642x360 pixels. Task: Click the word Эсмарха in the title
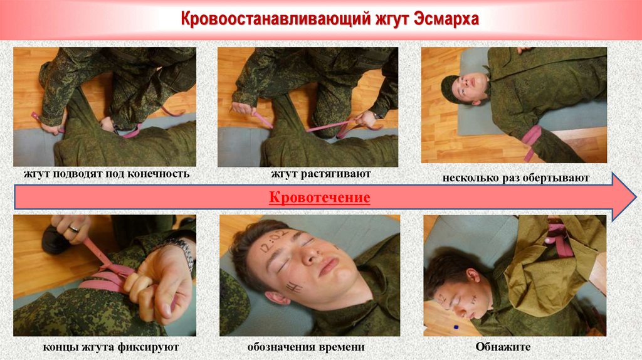coord(446,19)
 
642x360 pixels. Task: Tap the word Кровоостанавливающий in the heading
coord(275,19)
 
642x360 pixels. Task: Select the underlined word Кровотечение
coord(319,198)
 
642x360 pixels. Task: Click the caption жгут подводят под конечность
coord(107,174)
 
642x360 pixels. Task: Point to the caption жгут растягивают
coord(320,174)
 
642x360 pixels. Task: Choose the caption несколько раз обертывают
coord(516,178)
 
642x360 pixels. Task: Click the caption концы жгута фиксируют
coord(111,347)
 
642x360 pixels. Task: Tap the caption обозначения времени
coord(306,347)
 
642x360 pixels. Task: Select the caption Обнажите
coord(503,347)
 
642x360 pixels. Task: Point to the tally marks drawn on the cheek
coord(295,287)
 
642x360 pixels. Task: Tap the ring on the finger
coord(74,228)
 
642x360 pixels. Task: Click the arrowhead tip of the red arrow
coord(636,197)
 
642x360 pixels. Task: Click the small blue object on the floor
coord(456,327)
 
